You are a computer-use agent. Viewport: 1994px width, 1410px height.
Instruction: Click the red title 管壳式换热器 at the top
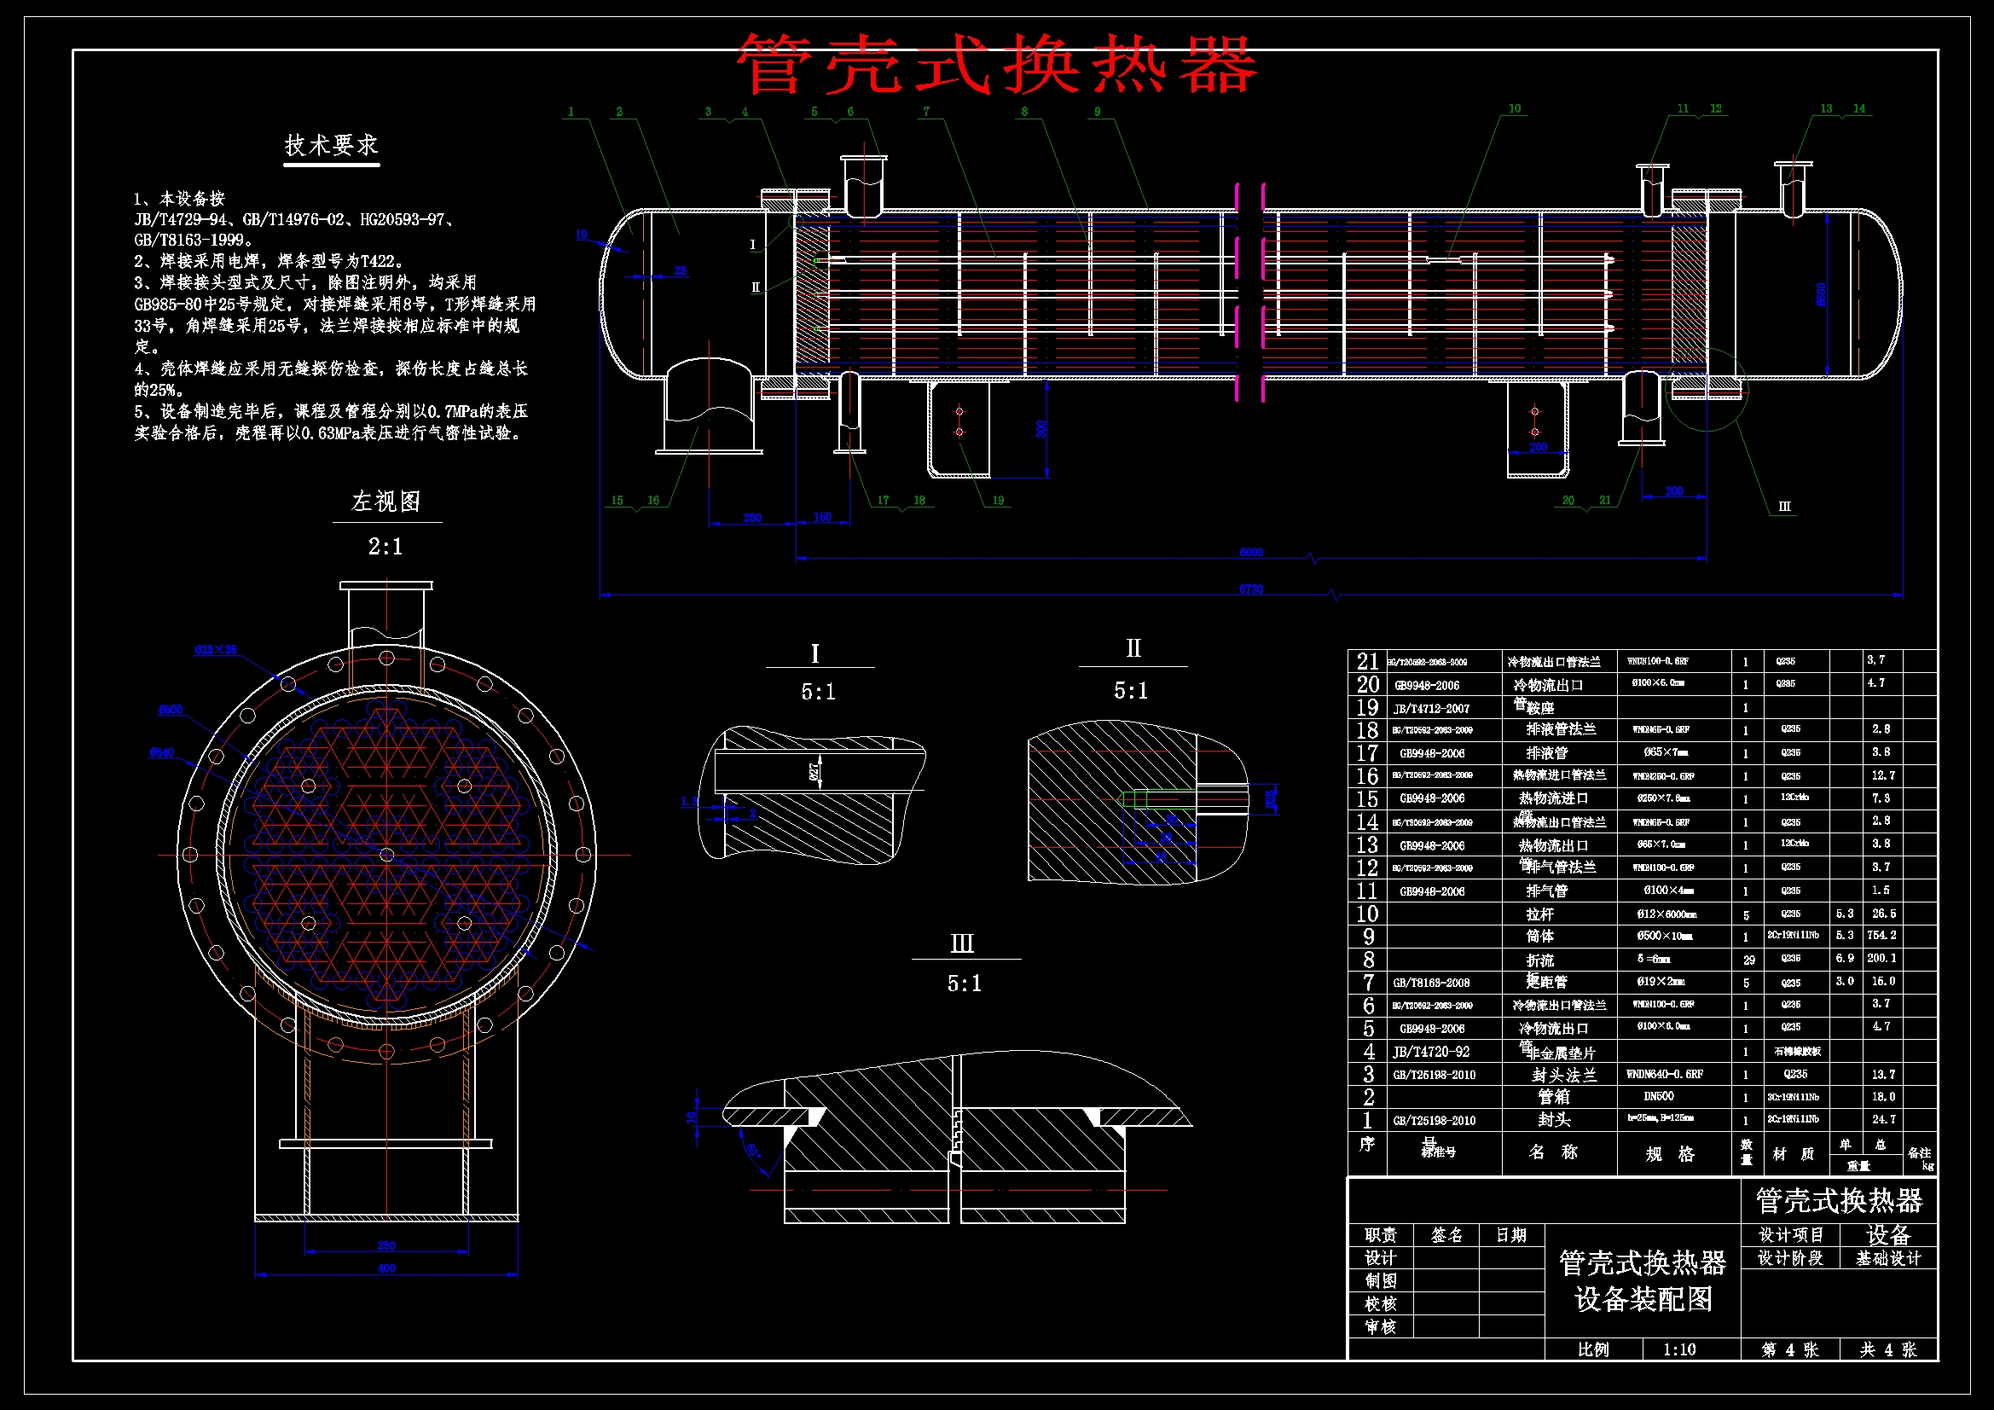pos(996,64)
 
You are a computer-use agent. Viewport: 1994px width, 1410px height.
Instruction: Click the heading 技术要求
pos(331,145)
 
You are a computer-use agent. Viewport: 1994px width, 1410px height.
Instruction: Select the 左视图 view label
pos(385,502)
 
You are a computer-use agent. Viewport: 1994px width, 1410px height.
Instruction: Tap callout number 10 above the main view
pos(1515,108)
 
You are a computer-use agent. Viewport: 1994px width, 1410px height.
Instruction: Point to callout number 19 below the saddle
pos(998,501)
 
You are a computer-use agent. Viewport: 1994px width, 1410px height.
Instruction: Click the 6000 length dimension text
pos(1250,553)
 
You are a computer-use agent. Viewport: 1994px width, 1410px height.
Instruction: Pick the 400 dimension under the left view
pos(386,1268)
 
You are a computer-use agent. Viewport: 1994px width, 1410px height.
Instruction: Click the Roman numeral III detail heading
pos(962,943)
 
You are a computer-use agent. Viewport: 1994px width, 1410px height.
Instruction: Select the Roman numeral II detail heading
pos(1133,648)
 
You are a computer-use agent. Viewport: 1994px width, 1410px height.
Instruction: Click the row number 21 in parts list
pos(1368,661)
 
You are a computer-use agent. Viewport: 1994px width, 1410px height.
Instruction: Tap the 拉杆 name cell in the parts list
pos(1539,914)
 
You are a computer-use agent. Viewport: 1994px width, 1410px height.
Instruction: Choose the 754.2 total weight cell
pos(1883,936)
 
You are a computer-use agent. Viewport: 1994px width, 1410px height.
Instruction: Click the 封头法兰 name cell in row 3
pos(1563,1075)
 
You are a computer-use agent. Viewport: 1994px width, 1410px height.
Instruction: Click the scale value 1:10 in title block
pos(1678,1349)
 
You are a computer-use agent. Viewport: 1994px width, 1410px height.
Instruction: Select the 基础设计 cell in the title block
pos(1888,1258)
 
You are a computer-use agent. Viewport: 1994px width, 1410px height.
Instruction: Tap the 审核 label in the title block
pos(1380,1326)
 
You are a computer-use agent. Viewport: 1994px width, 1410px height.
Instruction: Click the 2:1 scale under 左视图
pos(385,547)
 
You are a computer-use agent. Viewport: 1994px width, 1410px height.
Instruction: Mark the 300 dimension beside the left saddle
pos(1041,428)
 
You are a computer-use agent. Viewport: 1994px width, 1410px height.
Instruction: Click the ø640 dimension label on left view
pos(161,752)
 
